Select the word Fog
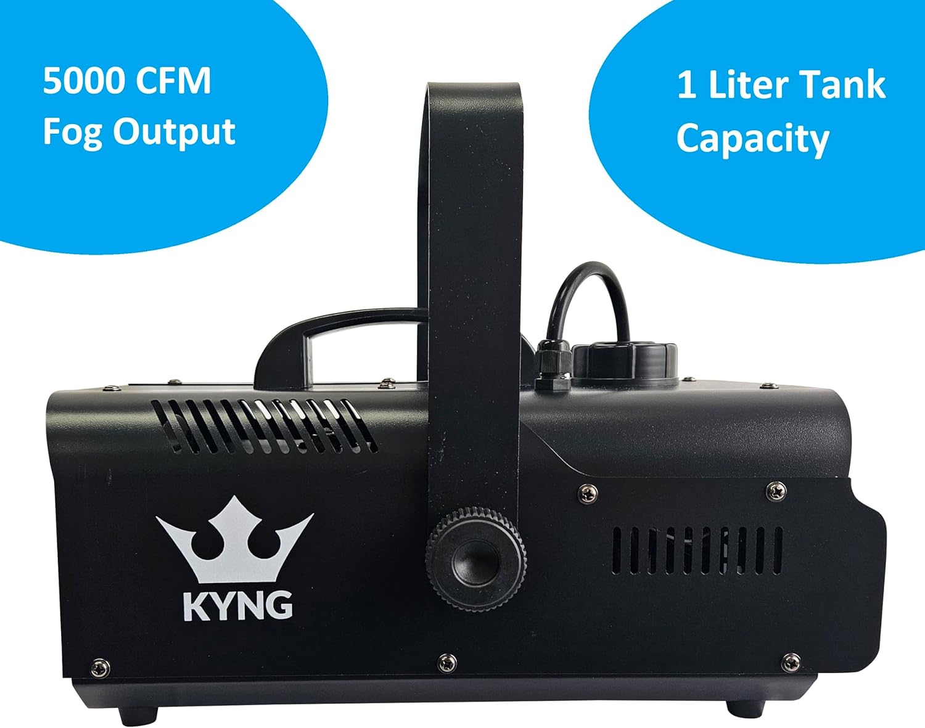[x=72, y=132]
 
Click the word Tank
[x=847, y=85]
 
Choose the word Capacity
[x=752, y=139]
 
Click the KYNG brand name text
[x=238, y=605]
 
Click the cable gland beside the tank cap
[x=550, y=367]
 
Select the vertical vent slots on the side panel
[x=697, y=550]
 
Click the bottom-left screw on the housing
[x=100, y=667]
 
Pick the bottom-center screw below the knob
[x=446, y=663]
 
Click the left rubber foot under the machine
[x=135, y=715]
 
